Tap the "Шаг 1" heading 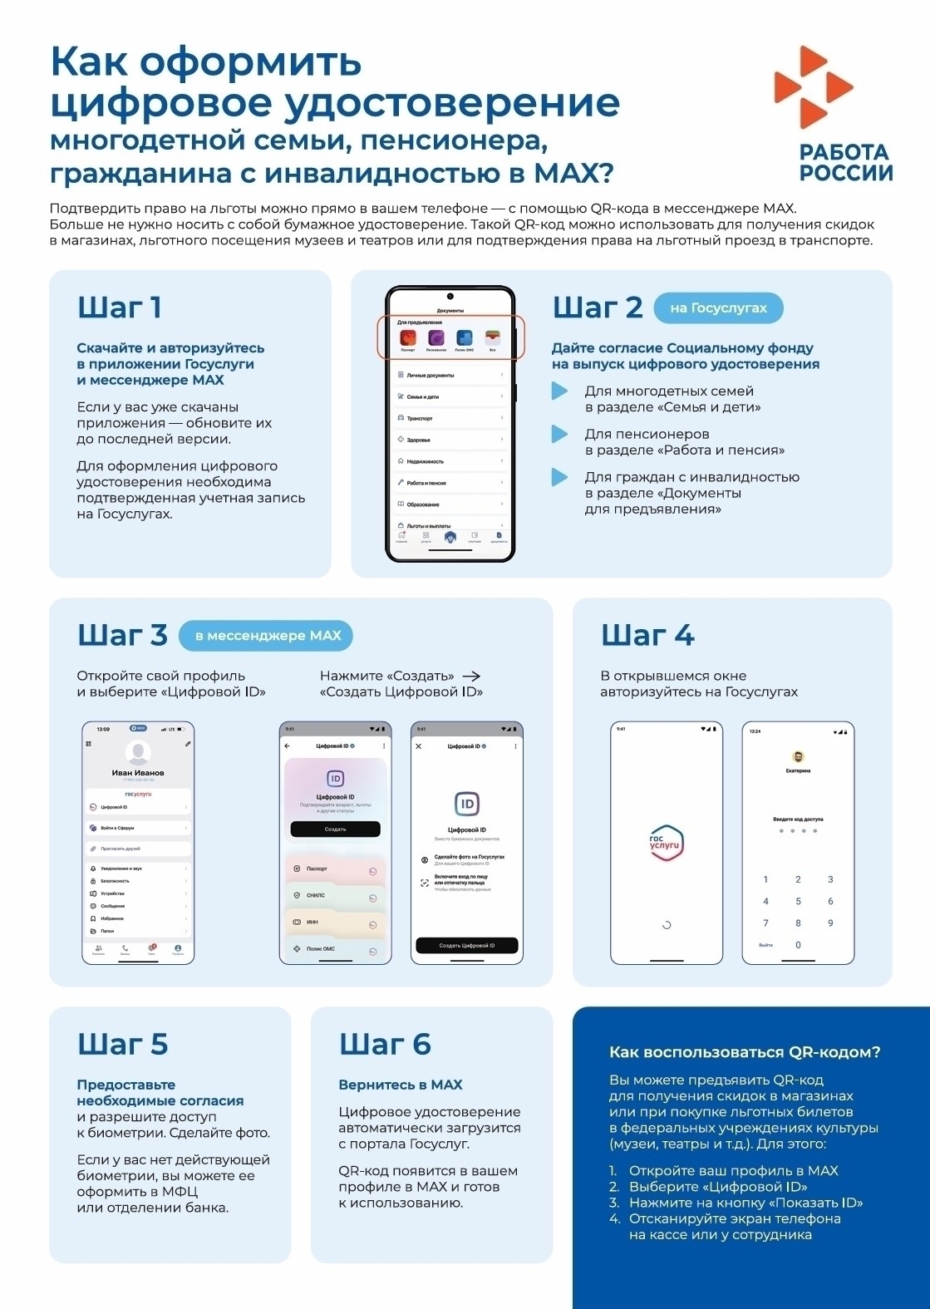pyautogui.click(x=120, y=308)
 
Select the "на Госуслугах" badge pyautogui.click(x=718, y=308)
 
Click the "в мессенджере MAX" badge pyautogui.click(x=267, y=636)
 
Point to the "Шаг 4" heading pyautogui.click(x=647, y=636)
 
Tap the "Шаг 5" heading pyautogui.click(x=123, y=1044)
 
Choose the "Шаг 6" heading pyautogui.click(x=385, y=1044)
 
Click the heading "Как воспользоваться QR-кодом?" pyautogui.click(x=745, y=1052)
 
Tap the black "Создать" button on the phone pyautogui.click(x=335, y=829)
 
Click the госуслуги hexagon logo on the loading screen pyautogui.click(x=666, y=844)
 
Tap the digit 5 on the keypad pyautogui.click(x=798, y=901)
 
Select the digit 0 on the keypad pyautogui.click(x=798, y=945)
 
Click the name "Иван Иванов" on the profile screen pyautogui.click(x=138, y=773)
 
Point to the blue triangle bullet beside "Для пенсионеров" pyautogui.click(x=559, y=434)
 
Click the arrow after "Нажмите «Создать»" pyautogui.click(x=471, y=676)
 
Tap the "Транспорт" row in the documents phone pyautogui.click(x=450, y=418)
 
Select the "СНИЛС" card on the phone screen pyautogui.click(x=334, y=896)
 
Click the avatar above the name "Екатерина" pyautogui.click(x=798, y=757)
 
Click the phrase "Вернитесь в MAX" pyautogui.click(x=401, y=1085)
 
